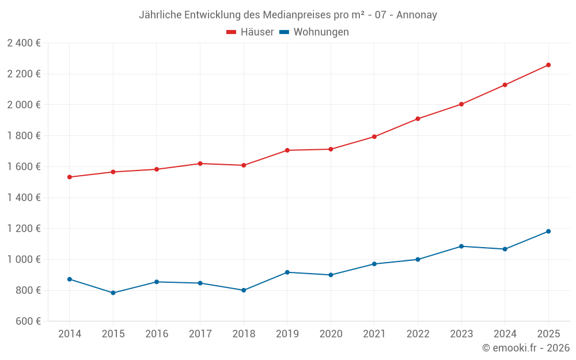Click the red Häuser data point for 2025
tap(548, 65)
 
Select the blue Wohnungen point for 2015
tap(113, 293)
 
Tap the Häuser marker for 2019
tap(287, 150)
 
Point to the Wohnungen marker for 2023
tap(461, 247)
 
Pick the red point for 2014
tap(70, 177)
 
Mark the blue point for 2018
tap(244, 290)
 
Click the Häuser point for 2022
tap(418, 119)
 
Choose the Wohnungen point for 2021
tap(374, 264)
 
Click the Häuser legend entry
tap(250, 32)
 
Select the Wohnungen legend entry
tap(314, 32)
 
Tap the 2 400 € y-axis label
tap(24, 43)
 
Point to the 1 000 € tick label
tap(24, 259)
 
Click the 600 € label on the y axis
tap(28, 321)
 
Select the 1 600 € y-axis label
tap(24, 166)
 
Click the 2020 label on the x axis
tap(331, 334)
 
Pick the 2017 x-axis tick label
tap(200, 334)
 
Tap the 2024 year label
tap(505, 334)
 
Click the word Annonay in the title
tap(416, 14)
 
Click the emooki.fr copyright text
tap(525, 348)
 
